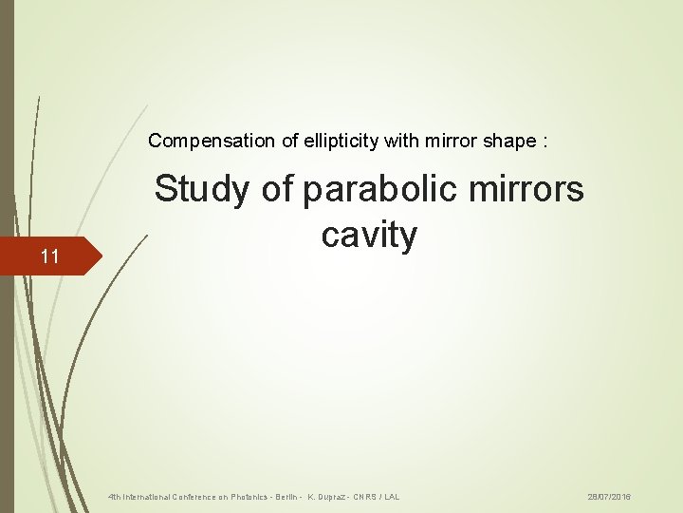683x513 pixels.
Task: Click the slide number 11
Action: tap(49, 256)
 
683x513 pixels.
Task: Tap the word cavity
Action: tap(369, 235)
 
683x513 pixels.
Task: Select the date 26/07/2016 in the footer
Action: tap(609, 497)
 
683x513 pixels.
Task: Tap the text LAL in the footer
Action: tap(392, 497)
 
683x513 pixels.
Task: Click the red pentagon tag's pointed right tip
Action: tap(100, 256)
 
